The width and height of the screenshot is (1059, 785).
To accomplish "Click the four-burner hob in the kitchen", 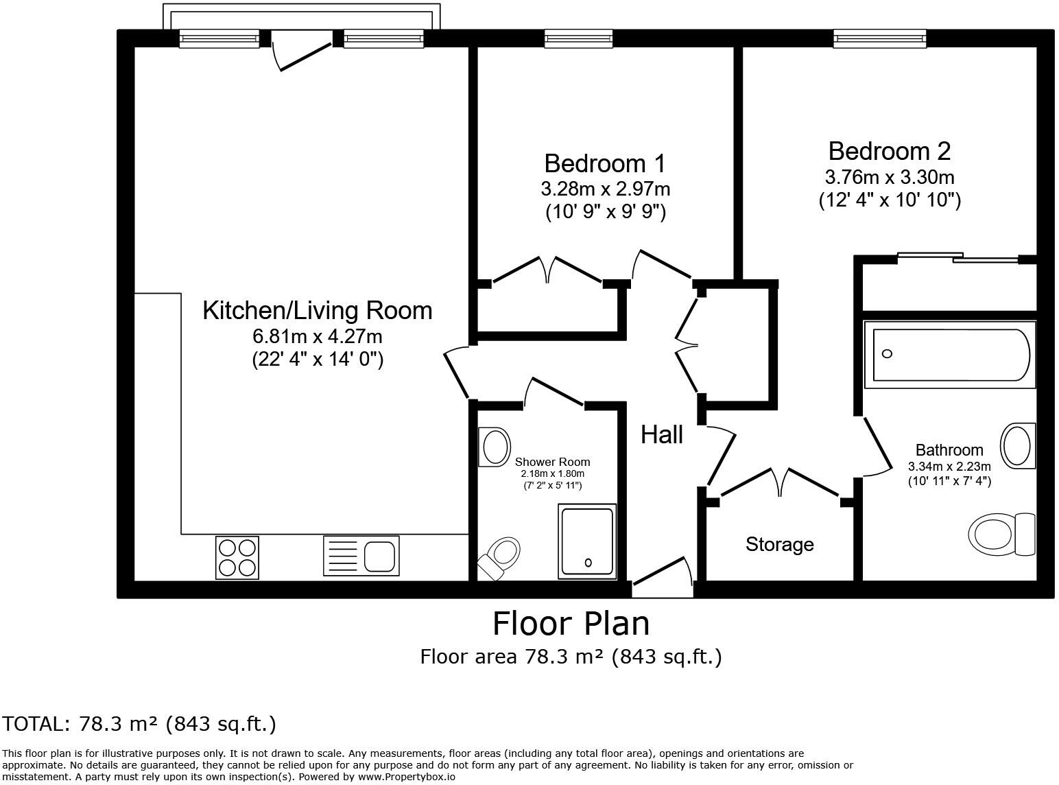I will click(x=237, y=556).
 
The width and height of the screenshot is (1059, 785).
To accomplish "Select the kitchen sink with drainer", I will click(x=361, y=555).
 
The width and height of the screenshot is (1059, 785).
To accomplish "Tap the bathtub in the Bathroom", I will click(x=951, y=354).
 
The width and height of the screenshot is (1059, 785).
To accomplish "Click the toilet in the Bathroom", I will click(x=1002, y=534).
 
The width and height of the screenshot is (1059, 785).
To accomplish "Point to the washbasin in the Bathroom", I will click(x=1019, y=445).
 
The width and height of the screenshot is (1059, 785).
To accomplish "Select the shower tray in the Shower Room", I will click(x=588, y=541).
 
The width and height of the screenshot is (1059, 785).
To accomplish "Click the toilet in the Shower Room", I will click(x=499, y=556).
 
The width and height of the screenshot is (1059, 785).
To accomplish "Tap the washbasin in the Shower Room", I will click(x=495, y=447).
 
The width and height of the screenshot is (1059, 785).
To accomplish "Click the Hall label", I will click(x=662, y=434).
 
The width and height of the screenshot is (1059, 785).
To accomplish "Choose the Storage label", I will click(x=780, y=544).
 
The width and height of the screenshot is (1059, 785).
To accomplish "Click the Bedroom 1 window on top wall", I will click(x=578, y=38).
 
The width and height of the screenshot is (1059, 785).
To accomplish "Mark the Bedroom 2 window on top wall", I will click(x=880, y=38).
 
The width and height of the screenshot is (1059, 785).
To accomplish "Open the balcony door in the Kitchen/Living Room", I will click(x=302, y=54).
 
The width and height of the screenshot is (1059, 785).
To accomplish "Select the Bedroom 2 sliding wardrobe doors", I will click(x=958, y=257).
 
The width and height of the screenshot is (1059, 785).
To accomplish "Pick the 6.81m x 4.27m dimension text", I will click(x=318, y=337).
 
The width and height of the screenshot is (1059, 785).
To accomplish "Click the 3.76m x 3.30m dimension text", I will click(x=890, y=177).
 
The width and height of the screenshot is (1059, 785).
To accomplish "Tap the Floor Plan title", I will click(x=571, y=624).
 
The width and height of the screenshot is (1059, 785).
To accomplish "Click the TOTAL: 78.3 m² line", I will click(x=139, y=724).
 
